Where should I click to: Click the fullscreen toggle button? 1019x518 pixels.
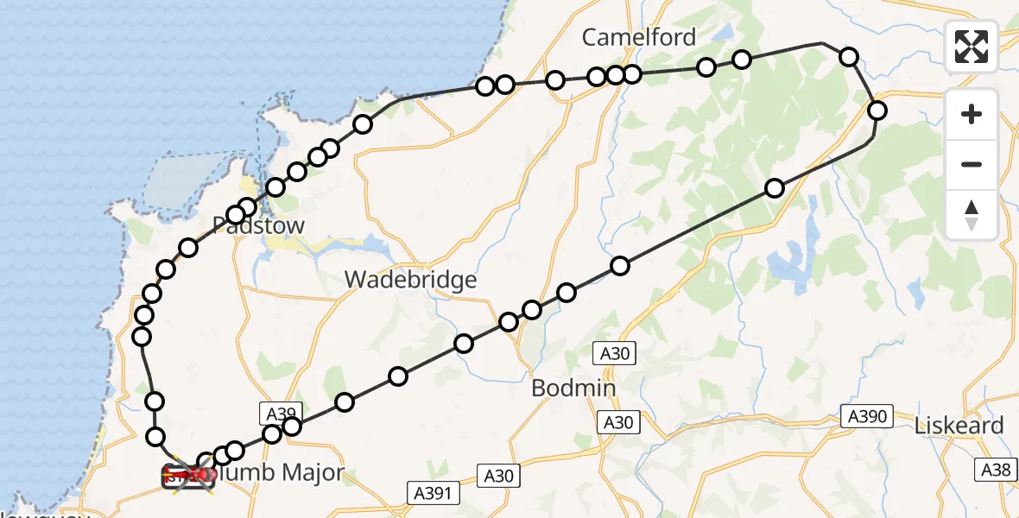pyautogui.click(x=972, y=47)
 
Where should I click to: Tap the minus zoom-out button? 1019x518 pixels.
pyautogui.click(x=972, y=164)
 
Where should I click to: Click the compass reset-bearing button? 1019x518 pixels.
pyautogui.click(x=972, y=215)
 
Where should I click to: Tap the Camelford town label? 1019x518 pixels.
pyautogui.click(x=638, y=37)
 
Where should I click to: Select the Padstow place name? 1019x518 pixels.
pyautogui.click(x=258, y=226)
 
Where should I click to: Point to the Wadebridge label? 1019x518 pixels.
pyautogui.click(x=410, y=280)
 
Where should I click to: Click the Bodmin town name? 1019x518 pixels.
pyautogui.click(x=573, y=388)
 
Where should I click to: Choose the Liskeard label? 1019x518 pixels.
pyautogui.click(x=959, y=426)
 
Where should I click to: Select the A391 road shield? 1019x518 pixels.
pyautogui.click(x=434, y=493)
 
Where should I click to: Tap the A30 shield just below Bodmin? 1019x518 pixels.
pyautogui.click(x=617, y=422)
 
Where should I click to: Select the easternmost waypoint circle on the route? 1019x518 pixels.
pyautogui.click(x=877, y=111)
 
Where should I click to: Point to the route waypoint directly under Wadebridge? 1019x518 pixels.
pyautogui.click(x=464, y=344)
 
